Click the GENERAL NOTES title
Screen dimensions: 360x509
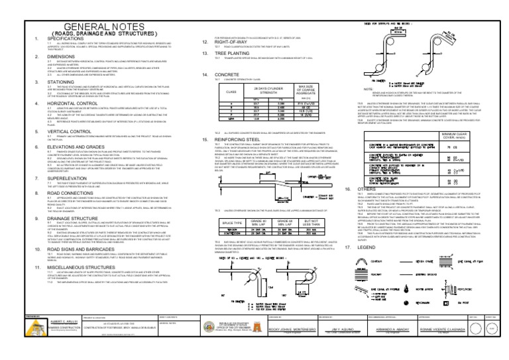coord(96,9)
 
